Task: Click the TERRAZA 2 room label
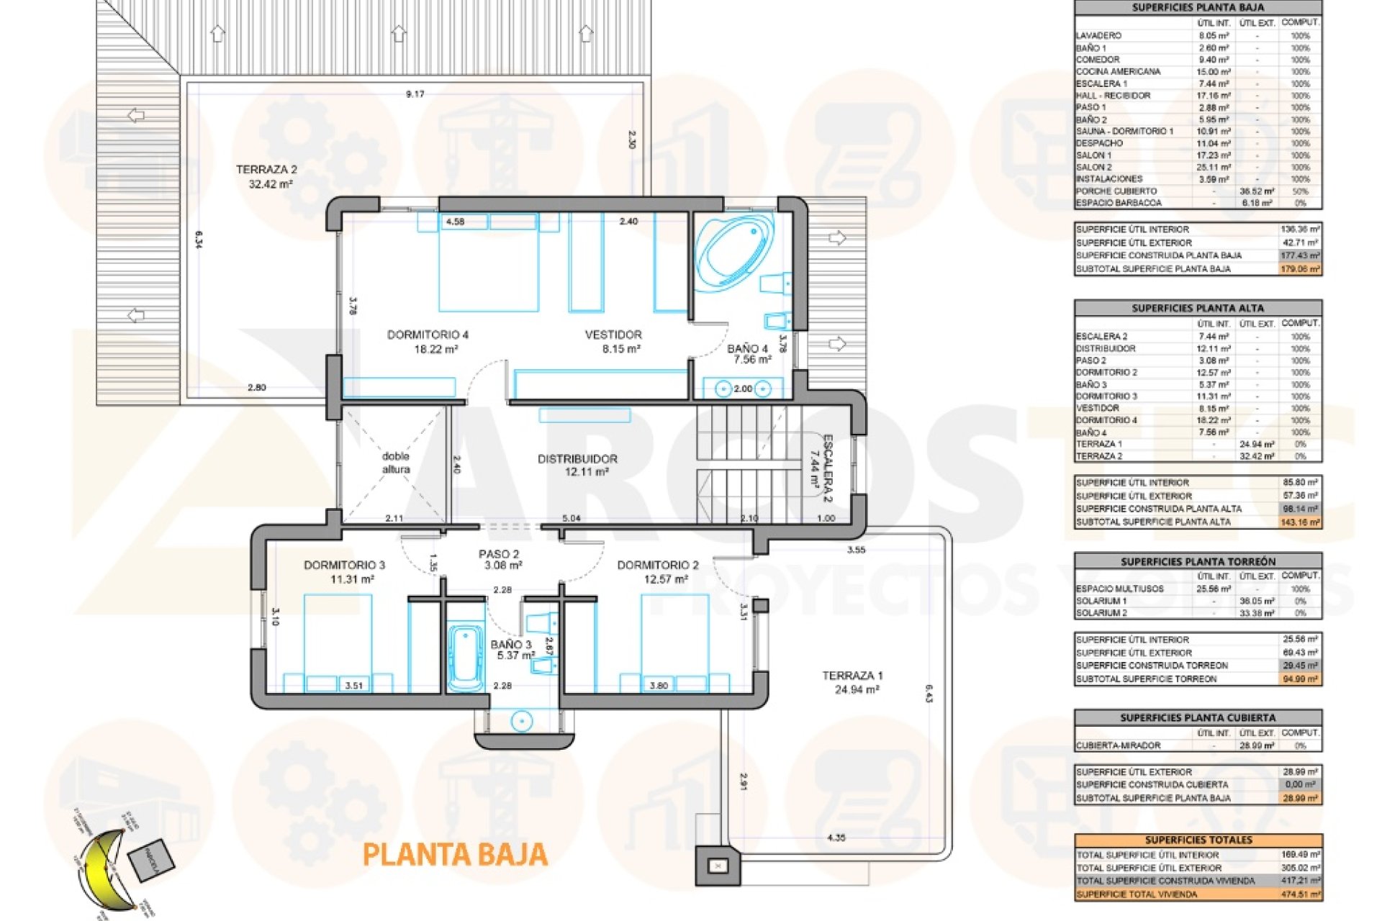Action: point(266,176)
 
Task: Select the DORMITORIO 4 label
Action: point(428,342)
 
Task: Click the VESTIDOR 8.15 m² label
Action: point(613,342)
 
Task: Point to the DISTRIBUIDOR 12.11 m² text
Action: point(577,465)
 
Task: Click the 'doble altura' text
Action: point(395,463)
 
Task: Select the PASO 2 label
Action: point(499,560)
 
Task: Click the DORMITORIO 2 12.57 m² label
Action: point(658,572)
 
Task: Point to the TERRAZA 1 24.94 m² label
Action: point(853,682)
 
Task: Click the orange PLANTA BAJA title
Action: point(455,855)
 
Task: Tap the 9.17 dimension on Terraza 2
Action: point(415,94)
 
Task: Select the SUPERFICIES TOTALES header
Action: point(1198,840)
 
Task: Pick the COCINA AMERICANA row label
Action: point(1118,71)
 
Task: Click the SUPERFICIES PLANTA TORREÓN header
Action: point(1198,561)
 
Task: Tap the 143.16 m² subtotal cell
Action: point(1299,522)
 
